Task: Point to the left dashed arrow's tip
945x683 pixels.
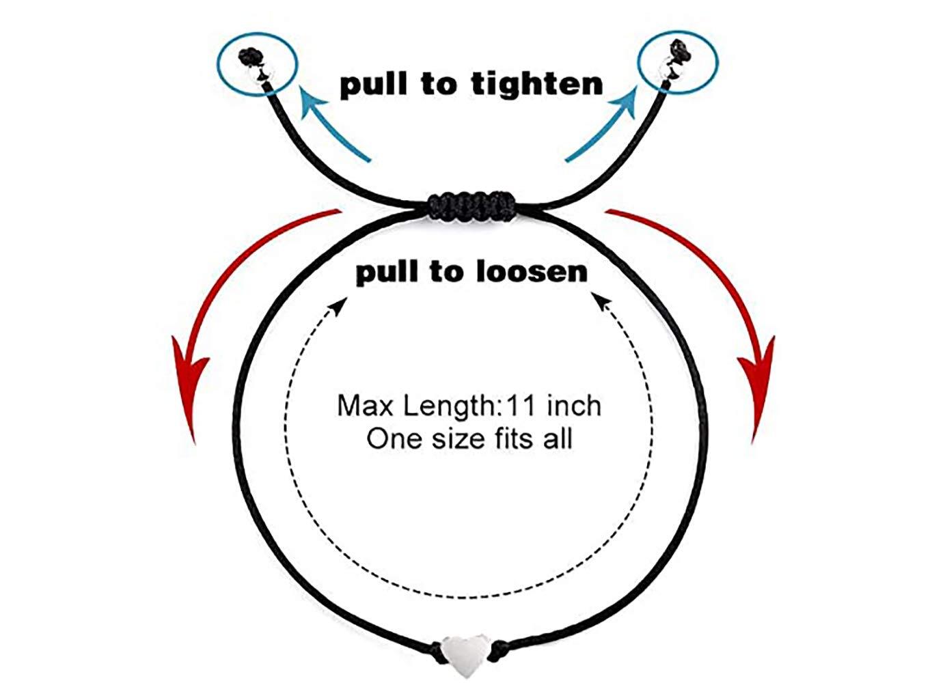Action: pos(340,301)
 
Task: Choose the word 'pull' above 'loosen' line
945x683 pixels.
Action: pos(387,273)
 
